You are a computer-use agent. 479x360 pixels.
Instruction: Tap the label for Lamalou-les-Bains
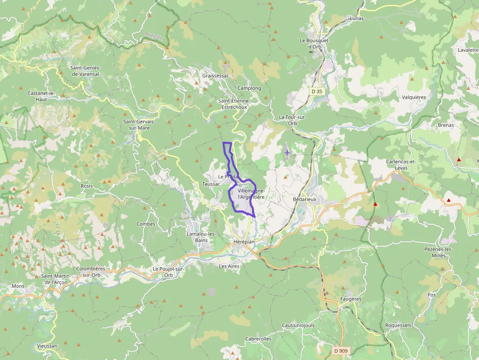tap(201, 237)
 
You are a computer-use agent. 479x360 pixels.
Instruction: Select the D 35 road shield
tap(317, 91)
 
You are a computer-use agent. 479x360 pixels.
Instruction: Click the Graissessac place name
tap(216, 76)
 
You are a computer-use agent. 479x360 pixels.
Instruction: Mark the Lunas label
tap(357, 18)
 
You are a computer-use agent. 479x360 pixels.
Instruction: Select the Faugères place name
tap(350, 299)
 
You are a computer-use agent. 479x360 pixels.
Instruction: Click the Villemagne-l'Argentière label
tap(251, 193)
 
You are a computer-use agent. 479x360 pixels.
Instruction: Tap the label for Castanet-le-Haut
tap(42, 96)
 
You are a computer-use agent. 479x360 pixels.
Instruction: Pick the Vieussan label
tap(47, 346)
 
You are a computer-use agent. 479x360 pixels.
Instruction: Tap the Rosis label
tap(87, 186)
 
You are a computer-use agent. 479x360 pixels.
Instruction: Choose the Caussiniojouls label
tap(298, 325)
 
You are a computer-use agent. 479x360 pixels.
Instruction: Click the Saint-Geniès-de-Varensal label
tap(85, 71)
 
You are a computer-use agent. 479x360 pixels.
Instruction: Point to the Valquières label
tap(414, 97)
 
